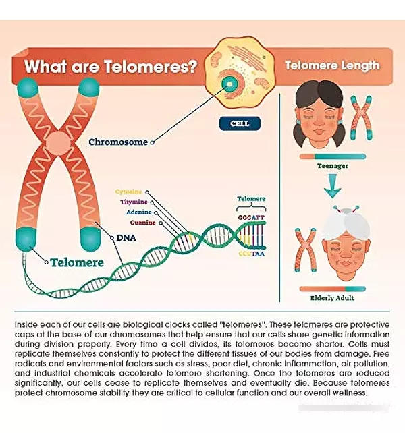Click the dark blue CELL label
[x=240, y=123]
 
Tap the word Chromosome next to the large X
[x=118, y=142]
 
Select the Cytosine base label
[x=128, y=192]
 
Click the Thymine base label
[x=134, y=202]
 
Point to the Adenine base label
[x=139, y=212]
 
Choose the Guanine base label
[x=143, y=223]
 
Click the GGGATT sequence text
[x=251, y=218]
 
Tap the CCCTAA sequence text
[x=251, y=254]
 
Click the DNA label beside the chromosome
[x=126, y=238]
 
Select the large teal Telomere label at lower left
[x=77, y=262]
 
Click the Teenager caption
[x=333, y=166]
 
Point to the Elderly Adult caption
[x=332, y=298]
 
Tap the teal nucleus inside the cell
[x=230, y=84]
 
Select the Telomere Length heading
[x=332, y=65]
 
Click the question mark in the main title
[x=191, y=66]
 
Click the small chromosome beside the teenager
[x=361, y=117]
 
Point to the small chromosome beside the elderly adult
[x=306, y=250]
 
